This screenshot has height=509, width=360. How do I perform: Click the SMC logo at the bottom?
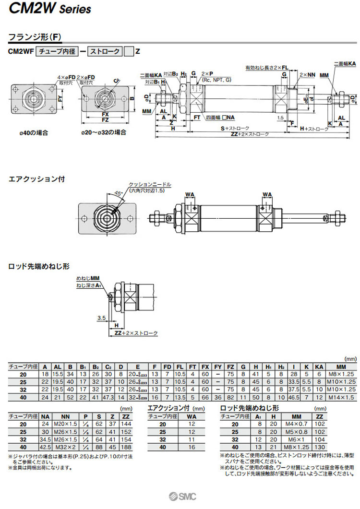[x=180, y=497]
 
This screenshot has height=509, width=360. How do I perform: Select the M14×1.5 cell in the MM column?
[x=341, y=397]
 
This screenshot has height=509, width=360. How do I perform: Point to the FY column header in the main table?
[x=217, y=367]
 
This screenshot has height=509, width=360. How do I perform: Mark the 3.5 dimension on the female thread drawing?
[x=101, y=318]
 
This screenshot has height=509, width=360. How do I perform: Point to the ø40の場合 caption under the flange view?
[x=35, y=132]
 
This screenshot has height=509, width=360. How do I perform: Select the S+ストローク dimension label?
[x=235, y=129]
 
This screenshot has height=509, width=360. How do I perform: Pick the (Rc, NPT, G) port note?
[x=216, y=80]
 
